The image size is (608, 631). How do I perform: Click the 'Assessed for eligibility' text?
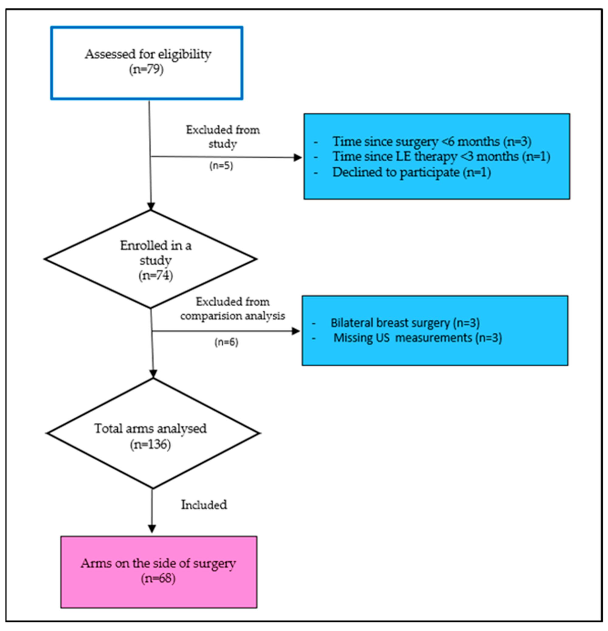tap(148, 54)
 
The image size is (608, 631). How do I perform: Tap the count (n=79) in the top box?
tap(147, 69)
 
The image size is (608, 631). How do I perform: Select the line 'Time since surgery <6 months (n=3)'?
tap(431, 141)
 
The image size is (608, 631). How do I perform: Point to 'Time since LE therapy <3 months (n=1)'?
tap(441, 157)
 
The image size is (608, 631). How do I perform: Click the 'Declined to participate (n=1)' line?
tap(411, 172)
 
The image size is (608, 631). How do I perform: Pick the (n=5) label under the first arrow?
tap(221, 165)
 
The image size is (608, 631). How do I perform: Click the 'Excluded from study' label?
tap(223, 137)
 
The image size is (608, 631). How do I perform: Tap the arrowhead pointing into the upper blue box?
tap(298, 158)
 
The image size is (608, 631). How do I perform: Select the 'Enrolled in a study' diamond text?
tap(156, 253)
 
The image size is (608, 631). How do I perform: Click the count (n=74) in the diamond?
tap(156, 275)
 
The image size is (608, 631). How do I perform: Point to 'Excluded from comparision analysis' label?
tap(232, 309)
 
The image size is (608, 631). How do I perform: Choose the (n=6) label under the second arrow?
tap(226, 342)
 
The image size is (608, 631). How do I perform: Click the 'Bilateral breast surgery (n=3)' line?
tap(405, 323)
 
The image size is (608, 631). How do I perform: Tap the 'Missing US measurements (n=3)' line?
tap(417, 338)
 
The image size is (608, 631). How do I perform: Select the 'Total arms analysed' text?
tap(150, 428)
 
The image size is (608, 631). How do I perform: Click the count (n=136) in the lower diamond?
tap(150, 445)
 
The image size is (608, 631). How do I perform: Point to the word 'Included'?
tap(204, 505)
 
